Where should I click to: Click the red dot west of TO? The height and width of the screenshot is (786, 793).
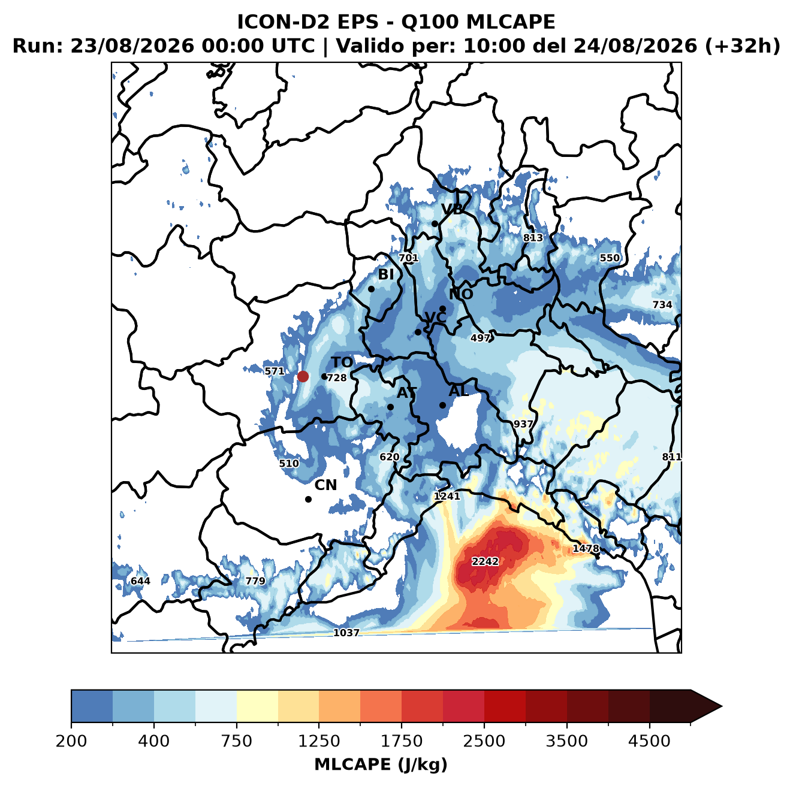pyautogui.click(x=303, y=376)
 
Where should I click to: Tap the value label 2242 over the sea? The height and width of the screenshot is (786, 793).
pyautogui.click(x=485, y=561)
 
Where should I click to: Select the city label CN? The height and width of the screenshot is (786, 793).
pyautogui.click(x=325, y=485)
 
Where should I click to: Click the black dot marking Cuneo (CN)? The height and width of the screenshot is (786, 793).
pyautogui.click(x=308, y=499)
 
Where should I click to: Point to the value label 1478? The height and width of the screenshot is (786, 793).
pyautogui.click(x=586, y=548)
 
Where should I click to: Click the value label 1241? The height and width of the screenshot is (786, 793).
pyautogui.click(x=447, y=496)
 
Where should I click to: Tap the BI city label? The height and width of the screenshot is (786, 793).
pyautogui.click(x=385, y=274)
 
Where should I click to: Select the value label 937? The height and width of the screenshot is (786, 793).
pyautogui.click(x=523, y=424)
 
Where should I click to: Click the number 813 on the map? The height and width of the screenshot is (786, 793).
pyautogui.click(x=533, y=237)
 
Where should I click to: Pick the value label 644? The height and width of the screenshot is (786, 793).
pyautogui.click(x=140, y=581)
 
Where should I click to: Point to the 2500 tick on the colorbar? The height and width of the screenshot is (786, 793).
pyautogui.click(x=484, y=742)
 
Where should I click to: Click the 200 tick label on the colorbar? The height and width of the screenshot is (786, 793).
pyautogui.click(x=71, y=742)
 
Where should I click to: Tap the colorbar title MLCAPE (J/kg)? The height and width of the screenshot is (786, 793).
pyautogui.click(x=381, y=764)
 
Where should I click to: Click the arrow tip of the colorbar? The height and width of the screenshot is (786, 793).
pyautogui.click(x=722, y=706)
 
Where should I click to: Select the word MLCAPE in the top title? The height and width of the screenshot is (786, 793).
pyautogui.click(x=510, y=22)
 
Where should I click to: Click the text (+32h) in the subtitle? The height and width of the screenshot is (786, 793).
pyautogui.click(x=743, y=46)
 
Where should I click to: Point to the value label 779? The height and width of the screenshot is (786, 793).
pyautogui.click(x=255, y=581)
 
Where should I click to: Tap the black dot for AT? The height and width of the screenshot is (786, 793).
pyautogui.click(x=390, y=407)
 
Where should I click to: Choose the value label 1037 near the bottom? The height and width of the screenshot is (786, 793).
pyautogui.click(x=346, y=633)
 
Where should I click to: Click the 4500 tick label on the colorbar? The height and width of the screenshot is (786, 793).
pyautogui.click(x=649, y=742)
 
